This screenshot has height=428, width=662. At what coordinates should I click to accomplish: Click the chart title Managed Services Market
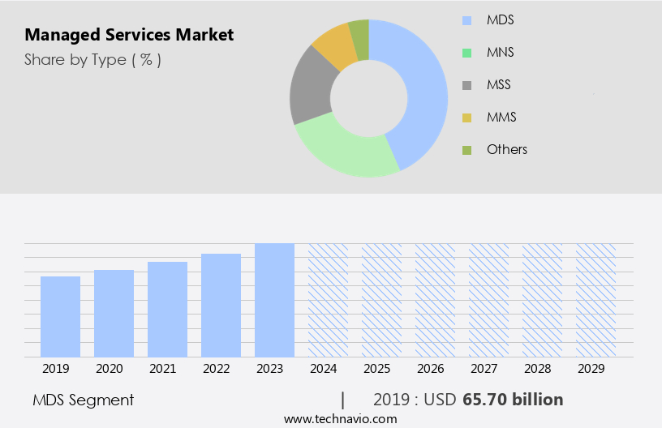(129, 35)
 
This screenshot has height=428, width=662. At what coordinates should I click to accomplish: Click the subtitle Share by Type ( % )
(92, 60)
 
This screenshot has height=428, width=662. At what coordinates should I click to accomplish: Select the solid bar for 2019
(60, 316)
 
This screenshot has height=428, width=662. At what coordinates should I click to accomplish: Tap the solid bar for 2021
(167, 309)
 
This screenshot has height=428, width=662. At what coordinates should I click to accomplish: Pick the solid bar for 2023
(274, 300)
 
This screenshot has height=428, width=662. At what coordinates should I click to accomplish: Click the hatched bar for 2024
(328, 300)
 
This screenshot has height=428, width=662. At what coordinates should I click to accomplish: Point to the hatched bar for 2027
(488, 300)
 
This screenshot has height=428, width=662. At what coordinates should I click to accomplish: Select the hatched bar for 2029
(595, 300)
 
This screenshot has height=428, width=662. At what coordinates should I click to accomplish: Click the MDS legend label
(500, 19)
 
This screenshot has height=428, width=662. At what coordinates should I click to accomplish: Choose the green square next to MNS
(466, 53)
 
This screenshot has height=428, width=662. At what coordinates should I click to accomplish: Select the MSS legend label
(499, 84)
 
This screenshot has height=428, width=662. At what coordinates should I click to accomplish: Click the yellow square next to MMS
(466, 118)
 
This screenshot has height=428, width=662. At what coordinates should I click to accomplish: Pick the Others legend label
(506, 149)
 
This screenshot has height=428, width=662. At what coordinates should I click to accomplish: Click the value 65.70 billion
(512, 400)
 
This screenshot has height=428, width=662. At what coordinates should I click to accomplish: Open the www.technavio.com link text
(340, 419)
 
